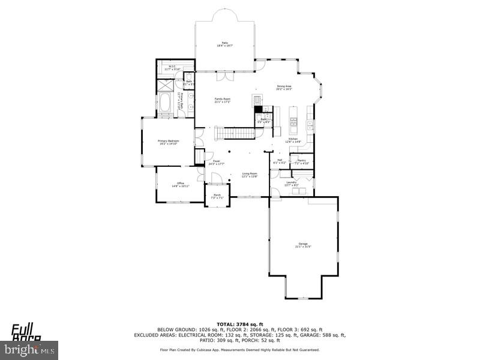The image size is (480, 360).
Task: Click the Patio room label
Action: point(224,44)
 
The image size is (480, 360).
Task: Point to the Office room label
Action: point(180,184)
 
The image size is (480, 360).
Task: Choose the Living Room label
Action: point(249,175)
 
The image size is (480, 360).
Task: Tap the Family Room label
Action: point(223,100)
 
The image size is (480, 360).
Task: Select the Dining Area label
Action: point(284,88)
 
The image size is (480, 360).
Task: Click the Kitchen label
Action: point(293,140)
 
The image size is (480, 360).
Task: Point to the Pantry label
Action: point(302,161)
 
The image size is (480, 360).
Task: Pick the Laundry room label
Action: point(291,184)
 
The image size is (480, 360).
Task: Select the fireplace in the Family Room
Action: point(257,101)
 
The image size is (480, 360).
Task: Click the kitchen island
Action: point(294,121)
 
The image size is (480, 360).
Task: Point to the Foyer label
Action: point(217,162)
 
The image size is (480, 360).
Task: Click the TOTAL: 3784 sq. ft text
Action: point(239,325)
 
